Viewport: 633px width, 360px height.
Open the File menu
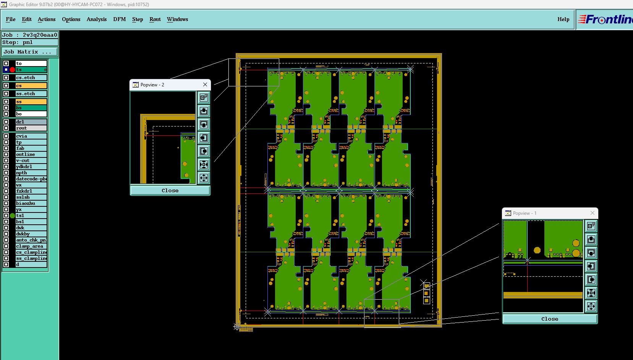[11, 19]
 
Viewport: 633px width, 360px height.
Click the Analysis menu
[97, 19]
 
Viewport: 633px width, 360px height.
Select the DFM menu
[119, 19]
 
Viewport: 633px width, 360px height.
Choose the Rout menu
[155, 19]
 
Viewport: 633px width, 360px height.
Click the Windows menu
[177, 19]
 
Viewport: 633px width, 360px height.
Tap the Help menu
[563, 19]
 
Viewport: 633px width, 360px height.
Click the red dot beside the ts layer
[13, 70]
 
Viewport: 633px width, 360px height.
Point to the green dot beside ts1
[13, 216]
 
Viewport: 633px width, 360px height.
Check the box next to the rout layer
[6, 128]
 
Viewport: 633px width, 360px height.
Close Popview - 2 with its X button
[205, 84]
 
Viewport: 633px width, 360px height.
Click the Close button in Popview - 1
[549, 319]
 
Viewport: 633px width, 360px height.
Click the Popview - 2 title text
[152, 85]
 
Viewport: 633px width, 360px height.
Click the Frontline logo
[605, 19]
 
